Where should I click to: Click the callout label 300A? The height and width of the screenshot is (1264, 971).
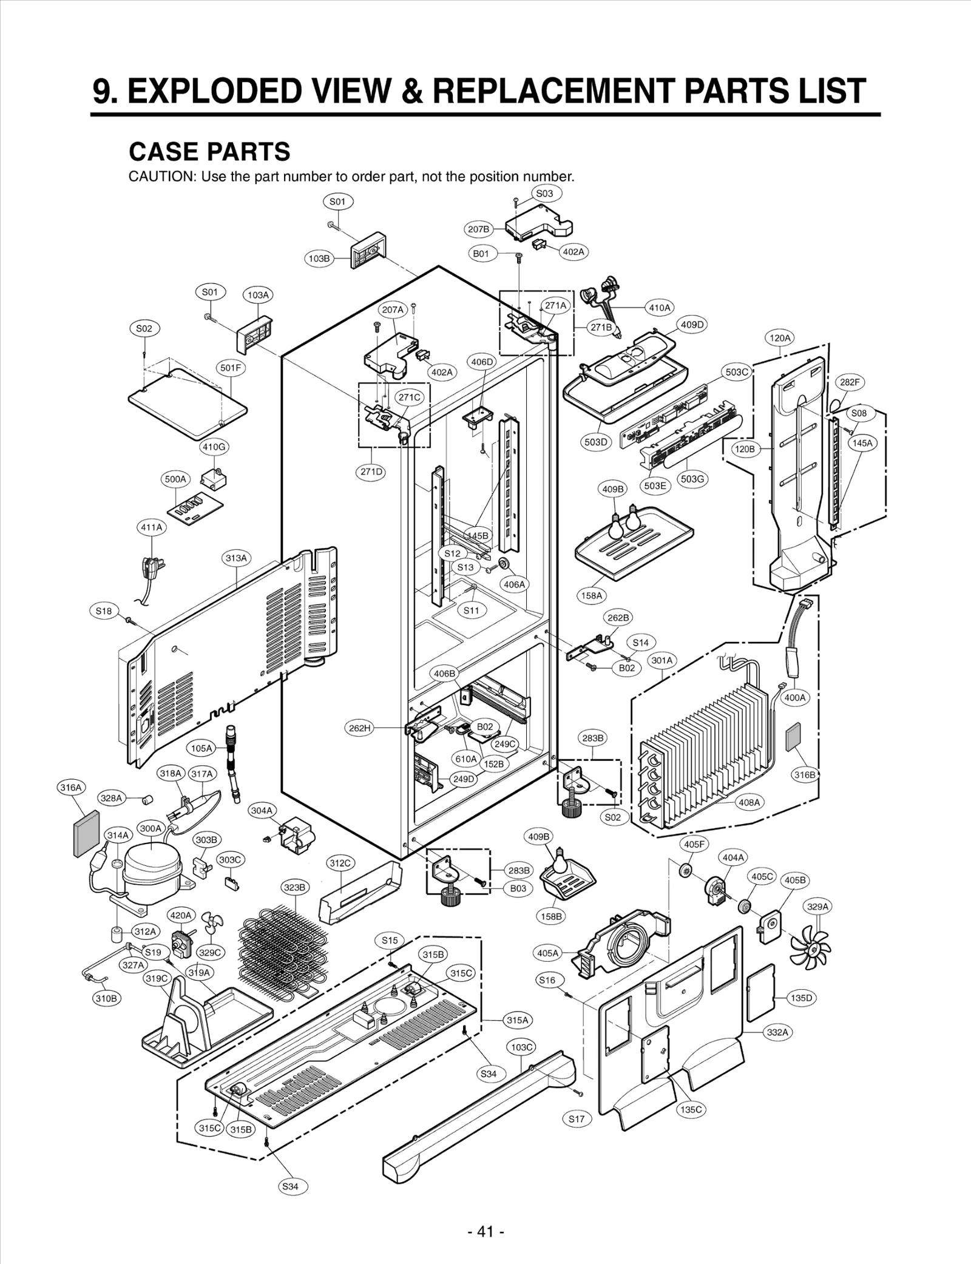point(151,828)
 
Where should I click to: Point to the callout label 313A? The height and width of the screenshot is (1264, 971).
point(236,558)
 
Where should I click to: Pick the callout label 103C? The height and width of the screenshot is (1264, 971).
point(521,1047)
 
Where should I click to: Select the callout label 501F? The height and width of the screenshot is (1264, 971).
point(231,368)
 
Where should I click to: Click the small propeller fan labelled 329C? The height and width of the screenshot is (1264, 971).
point(212,922)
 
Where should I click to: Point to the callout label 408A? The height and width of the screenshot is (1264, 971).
point(748,802)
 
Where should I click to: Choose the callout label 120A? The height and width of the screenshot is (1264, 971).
point(780,338)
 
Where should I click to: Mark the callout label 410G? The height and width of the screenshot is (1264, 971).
point(214,447)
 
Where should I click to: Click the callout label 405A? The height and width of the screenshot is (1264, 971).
point(547,953)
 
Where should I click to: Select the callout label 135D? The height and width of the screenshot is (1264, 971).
point(801,998)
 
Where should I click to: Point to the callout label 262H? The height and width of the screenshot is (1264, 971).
point(359,728)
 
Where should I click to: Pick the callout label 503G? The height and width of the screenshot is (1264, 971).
point(692,479)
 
